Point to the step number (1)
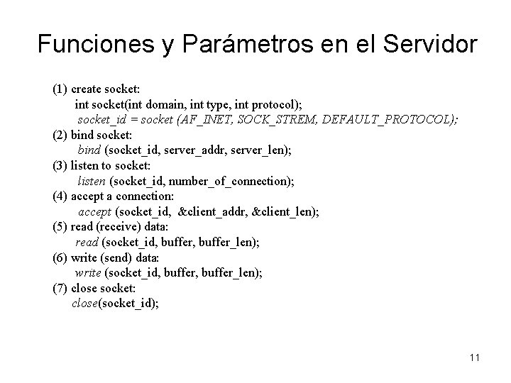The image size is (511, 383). coord(60,89)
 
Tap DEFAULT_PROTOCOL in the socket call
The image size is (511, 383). coord(385,119)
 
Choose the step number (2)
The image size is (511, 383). coord(60,135)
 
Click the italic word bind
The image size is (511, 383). coord(89,150)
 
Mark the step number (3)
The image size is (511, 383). coord(60,165)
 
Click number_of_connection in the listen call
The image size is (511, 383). coord(232,181)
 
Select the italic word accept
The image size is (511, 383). coord(94,211)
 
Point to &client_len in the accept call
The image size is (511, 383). coord(287,211)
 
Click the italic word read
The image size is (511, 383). coord(87,242)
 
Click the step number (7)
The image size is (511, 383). coord(60,288)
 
